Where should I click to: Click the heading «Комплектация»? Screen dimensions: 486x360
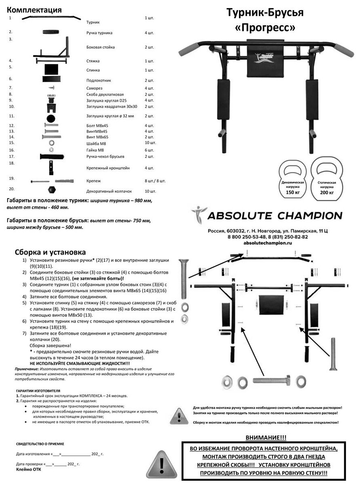pos(34,10)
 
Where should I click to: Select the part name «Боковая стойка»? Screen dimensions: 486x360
pos(100,48)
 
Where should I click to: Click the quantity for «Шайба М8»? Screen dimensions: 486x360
pos(150,143)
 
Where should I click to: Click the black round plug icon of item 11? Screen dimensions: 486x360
pos(51,119)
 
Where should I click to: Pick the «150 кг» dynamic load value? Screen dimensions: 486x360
pos(293,192)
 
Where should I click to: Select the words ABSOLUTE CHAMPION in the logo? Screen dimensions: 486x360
pos(274,215)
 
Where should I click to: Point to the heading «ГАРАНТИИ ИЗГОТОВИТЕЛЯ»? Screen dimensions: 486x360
pos(38,391)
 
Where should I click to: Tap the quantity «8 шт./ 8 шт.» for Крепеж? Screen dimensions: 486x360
pos(155,181)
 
